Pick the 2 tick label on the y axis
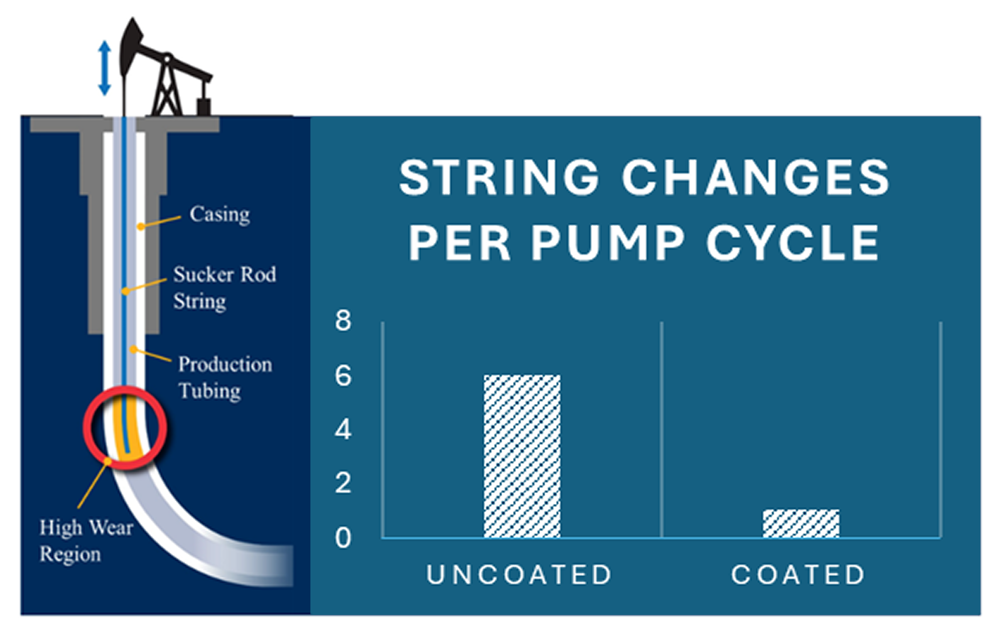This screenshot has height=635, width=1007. [x=343, y=483]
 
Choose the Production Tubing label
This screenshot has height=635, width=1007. [x=225, y=378]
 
